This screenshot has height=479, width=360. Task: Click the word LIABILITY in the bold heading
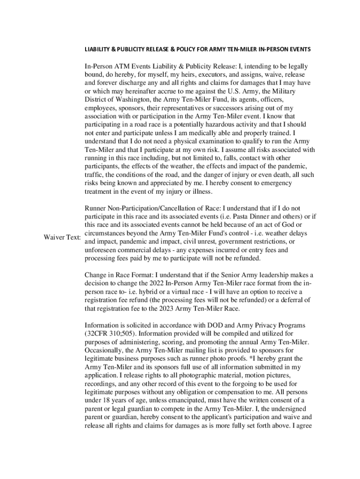97,49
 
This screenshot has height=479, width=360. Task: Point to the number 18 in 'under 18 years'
109,400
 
